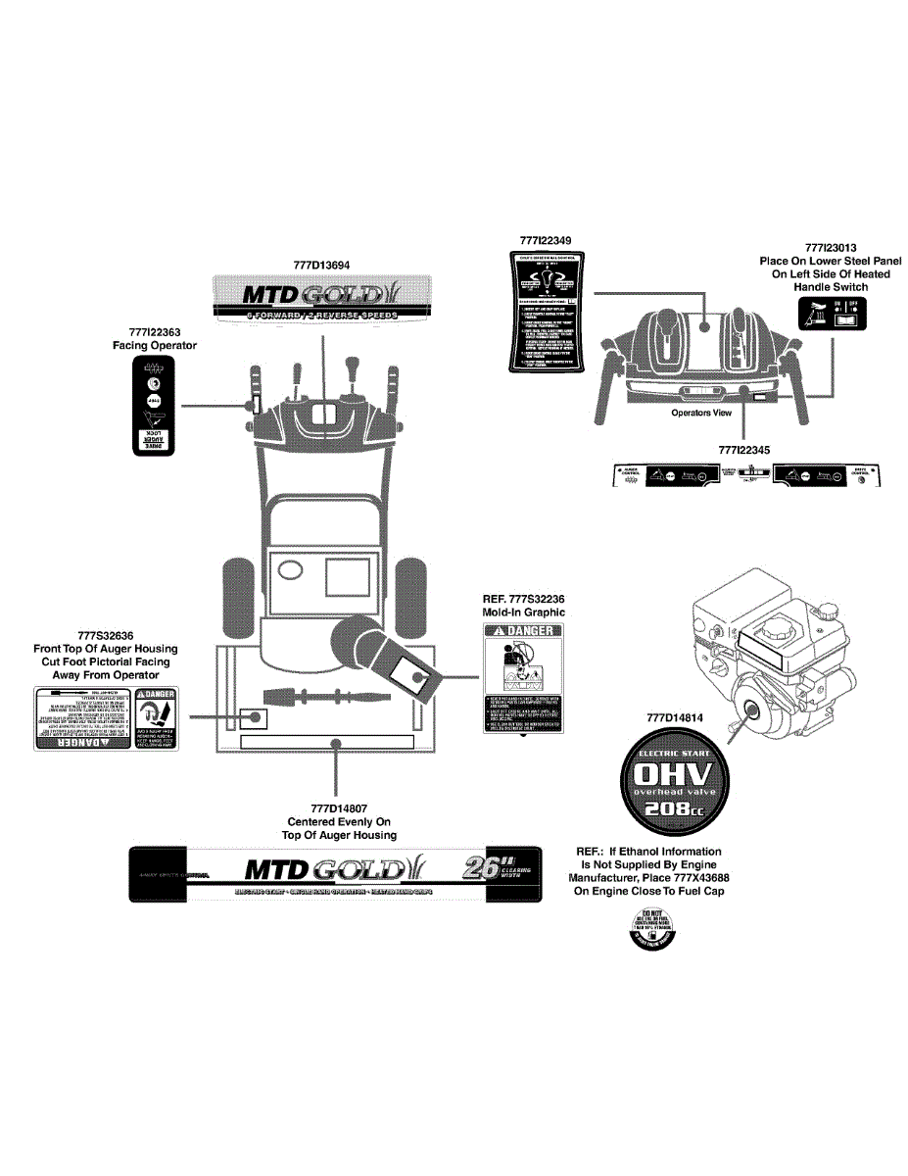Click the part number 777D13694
[x=321, y=265]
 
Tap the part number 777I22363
[x=155, y=333]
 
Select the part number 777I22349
[x=547, y=240]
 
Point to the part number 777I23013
[x=831, y=248]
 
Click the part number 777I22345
[x=744, y=449]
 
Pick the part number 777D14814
[x=675, y=717]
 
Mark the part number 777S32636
[x=105, y=635]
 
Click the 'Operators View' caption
[x=701, y=413]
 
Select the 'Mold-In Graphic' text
[x=524, y=612]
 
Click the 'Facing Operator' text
[x=155, y=346]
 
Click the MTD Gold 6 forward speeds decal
[x=321, y=298]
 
